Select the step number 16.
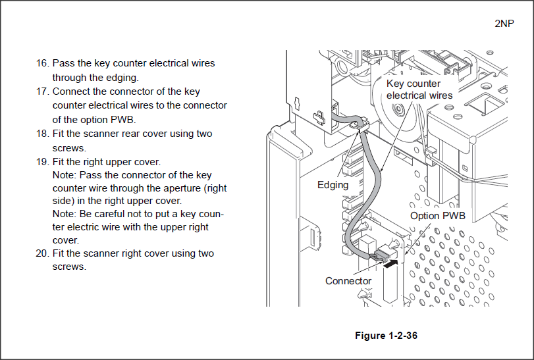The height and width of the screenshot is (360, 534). pos(42,63)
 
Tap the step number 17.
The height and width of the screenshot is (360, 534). pos(42,91)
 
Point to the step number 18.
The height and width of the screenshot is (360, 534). pos(42,134)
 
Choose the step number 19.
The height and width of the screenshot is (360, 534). pos(42,161)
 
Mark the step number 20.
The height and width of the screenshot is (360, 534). pos(42,253)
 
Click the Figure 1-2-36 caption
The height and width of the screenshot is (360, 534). pos(386,336)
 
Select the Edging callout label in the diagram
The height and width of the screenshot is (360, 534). pos(333,185)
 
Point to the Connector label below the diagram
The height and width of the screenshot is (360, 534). pos(348,281)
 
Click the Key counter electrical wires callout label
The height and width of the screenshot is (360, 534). pos(419,90)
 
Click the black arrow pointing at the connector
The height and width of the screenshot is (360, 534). pos(390,264)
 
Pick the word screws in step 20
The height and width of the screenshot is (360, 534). pos(69,267)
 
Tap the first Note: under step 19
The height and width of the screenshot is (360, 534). pos(65,175)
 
